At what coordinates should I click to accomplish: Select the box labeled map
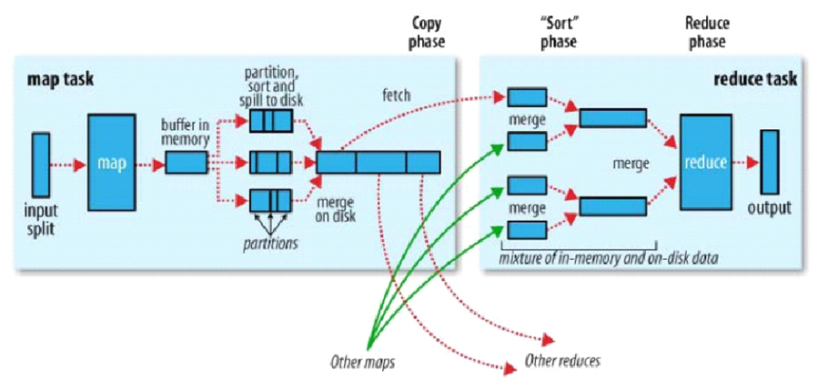click(x=111, y=163)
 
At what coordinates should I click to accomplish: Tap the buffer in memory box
click(x=187, y=164)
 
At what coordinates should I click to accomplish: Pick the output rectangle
click(x=770, y=161)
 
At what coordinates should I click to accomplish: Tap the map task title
click(x=59, y=79)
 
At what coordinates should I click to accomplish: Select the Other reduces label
click(x=563, y=360)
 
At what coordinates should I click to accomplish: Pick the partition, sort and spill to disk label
click(x=270, y=85)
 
